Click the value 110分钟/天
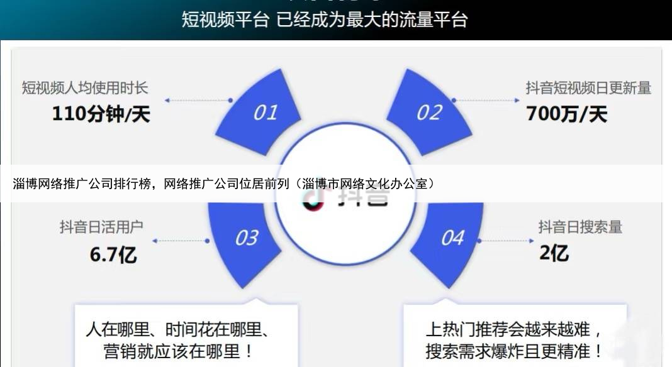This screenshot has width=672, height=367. pyautogui.click(x=101, y=114)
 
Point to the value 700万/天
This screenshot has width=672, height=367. pyautogui.click(x=566, y=114)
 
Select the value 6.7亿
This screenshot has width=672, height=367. pyautogui.click(x=113, y=254)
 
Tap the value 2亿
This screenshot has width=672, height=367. pyautogui.click(x=554, y=253)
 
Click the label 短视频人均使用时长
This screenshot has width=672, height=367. pyautogui.click(x=85, y=87)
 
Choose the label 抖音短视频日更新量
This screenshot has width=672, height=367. pyautogui.click(x=588, y=87)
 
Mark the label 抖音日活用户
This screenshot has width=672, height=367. pyautogui.click(x=92, y=227)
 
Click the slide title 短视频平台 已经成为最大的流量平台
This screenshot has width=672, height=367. pyautogui.click(x=325, y=19)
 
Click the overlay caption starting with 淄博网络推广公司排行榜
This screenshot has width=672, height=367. pyautogui.click(x=224, y=183)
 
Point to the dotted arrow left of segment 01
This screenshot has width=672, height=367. pyautogui.click(x=198, y=100)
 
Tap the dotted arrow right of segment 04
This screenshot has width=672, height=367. pyautogui.click(x=507, y=240)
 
